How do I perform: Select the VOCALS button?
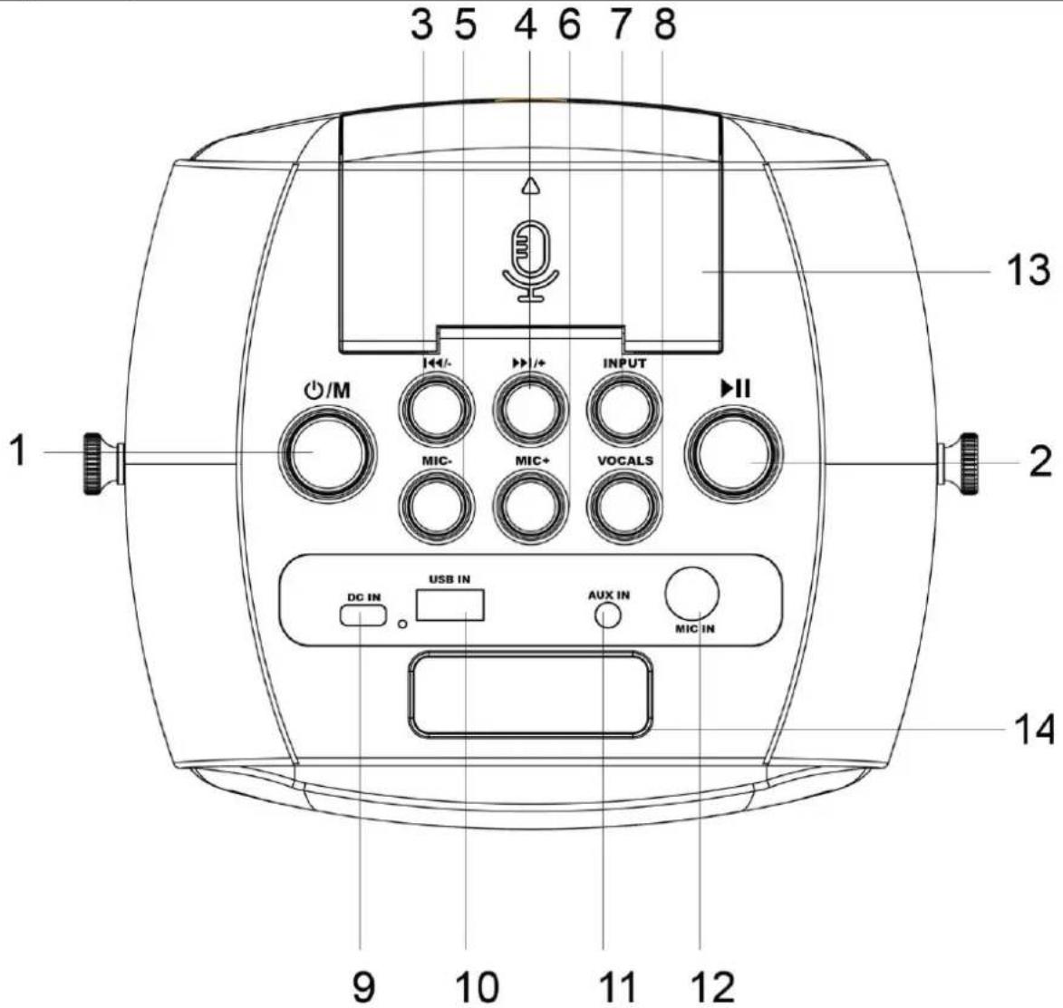(x=623, y=508)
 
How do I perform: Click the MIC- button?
(x=437, y=508)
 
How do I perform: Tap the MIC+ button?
(x=530, y=508)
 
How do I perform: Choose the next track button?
(x=530, y=410)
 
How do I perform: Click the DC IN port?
(x=363, y=615)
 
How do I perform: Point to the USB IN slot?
(x=450, y=605)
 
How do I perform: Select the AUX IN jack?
(x=607, y=616)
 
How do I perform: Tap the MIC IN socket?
(x=692, y=595)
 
